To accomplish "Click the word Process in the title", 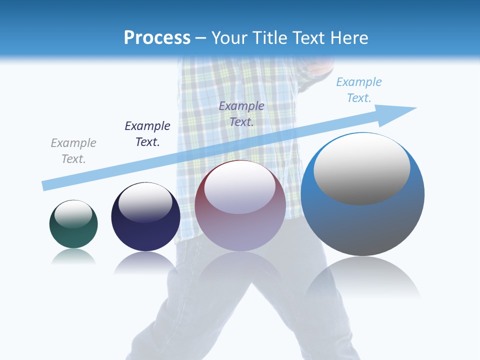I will click(157, 37).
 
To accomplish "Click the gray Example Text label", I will click(73, 151).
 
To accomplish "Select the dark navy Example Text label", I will click(147, 134).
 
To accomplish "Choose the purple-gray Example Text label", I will click(241, 113).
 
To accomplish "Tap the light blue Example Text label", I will click(359, 90).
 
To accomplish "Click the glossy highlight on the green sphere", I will click(73, 214).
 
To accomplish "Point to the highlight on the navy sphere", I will click(145, 202).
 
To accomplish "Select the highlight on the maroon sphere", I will click(240, 188).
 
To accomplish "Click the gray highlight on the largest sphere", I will click(362, 170).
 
